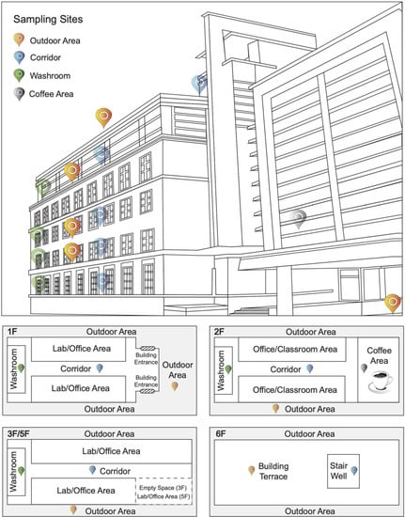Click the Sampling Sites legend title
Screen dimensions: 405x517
click(x=48, y=19)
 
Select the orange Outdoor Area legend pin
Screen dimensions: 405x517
click(x=19, y=39)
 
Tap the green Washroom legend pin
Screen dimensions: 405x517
click(x=19, y=75)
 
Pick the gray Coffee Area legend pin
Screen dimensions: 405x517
click(x=19, y=94)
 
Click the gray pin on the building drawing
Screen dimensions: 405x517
click(x=299, y=218)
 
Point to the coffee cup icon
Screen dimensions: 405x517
click(x=381, y=382)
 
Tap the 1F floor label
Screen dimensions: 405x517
click(x=12, y=332)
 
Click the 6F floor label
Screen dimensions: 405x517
click(x=221, y=433)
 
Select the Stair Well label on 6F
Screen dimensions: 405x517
click(x=338, y=471)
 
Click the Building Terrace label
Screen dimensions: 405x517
click(x=273, y=471)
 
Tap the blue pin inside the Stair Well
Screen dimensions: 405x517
click(x=354, y=471)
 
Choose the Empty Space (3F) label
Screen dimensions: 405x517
click(x=164, y=488)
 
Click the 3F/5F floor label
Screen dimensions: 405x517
click(x=19, y=433)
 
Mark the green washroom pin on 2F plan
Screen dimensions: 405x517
click(x=228, y=369)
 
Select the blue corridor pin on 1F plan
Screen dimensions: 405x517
click(x=100, y=368)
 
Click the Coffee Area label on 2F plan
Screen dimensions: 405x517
click(x=379, y=355)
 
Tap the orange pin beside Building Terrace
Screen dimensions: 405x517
click(x=252, y=470)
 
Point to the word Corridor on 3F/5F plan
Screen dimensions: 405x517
click(x=115, y=471)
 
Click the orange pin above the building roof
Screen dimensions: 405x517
click(x=103, y=117)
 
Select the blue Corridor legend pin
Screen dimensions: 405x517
click(x=19, y=57)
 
